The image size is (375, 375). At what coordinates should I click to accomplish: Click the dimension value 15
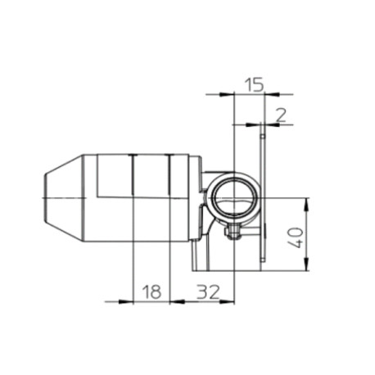(x=254, y=84)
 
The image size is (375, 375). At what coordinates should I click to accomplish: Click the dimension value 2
(x=281, y=115)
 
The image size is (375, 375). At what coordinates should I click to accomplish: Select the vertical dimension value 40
(x=296, y=237)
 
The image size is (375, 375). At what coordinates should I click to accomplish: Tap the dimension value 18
(x=152, y=291)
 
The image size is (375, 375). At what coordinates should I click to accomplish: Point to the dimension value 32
(x=208, y=291)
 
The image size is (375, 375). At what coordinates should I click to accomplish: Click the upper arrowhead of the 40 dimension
(x=306, y=206)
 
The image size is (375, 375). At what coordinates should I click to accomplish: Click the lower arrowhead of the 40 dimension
(x=306, y=264)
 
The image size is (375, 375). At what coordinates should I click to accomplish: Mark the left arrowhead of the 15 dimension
(x=227, y=94)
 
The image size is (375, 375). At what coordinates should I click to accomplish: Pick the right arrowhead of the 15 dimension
(x=272, y=94)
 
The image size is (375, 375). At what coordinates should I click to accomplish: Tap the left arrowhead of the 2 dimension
(x=253, y=124)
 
